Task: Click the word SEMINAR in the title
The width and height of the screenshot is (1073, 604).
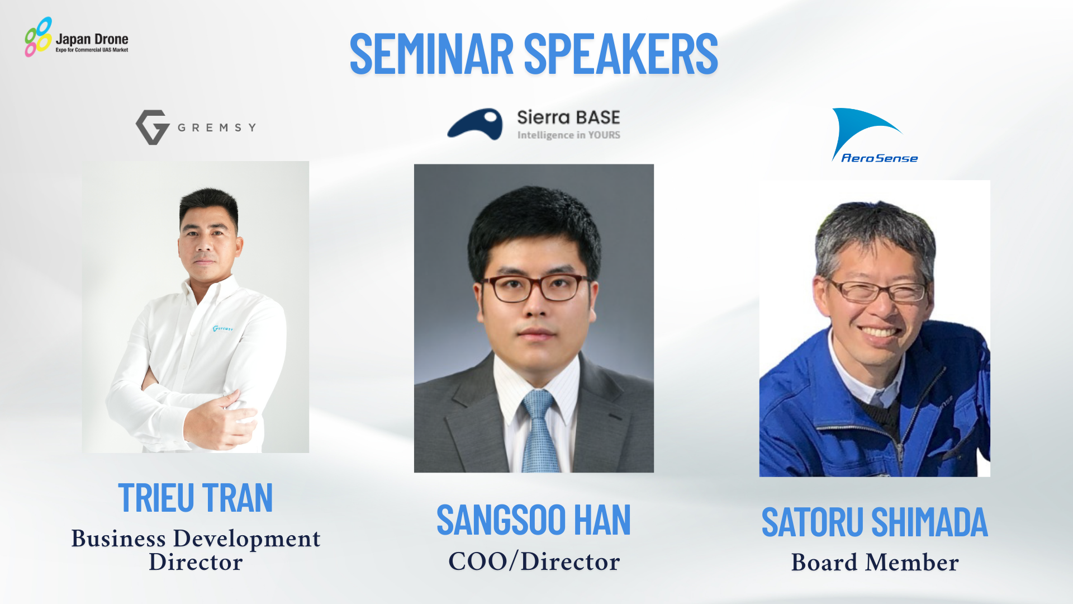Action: click(431, 54)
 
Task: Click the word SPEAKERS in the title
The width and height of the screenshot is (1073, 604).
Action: click(621, 54)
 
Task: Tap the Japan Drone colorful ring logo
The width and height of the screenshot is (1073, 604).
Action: click(38, 37)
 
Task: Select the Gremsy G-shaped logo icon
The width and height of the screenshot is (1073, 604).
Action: click(153, 127)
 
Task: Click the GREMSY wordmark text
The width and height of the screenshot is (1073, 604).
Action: click(217, 128)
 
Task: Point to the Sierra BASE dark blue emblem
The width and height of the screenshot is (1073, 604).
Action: click(475, 124)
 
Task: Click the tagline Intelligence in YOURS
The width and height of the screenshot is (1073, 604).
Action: click(568, 135)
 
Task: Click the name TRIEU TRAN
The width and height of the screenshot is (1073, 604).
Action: click(196, 498)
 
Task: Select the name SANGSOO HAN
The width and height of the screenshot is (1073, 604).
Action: click(534, 520)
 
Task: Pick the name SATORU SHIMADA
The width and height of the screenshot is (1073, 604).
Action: click(875, 522)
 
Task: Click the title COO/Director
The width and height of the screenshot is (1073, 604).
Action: click(534, 561)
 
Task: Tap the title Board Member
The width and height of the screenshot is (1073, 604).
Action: click(875, 562)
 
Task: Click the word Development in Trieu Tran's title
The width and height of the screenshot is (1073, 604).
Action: click(247, 539)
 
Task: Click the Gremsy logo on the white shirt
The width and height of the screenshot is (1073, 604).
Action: click(222, 328)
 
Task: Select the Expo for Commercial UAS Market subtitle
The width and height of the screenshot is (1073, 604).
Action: click(92, 50)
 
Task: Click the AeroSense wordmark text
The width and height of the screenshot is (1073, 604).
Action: click(879, 158)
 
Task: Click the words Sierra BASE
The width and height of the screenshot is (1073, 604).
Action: click(568, 117)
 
